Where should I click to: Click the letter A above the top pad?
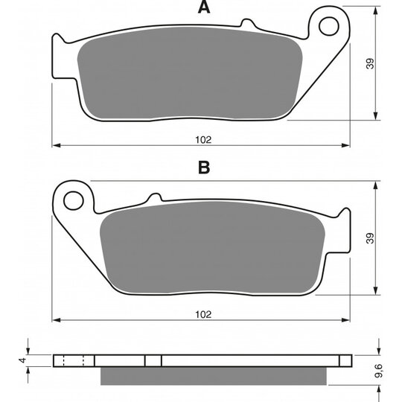[x=204, y=7]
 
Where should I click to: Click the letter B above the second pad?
[x=204, y=167]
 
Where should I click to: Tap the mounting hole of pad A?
[x=329, y=26]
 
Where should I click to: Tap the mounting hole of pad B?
[x=74, y=201]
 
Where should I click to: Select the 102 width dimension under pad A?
[x=203, y=140]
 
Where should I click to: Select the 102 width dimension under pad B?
[x=203, y=315]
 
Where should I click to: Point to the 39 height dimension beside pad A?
[x=370, y=63]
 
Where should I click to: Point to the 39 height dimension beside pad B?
[x=370, y=238]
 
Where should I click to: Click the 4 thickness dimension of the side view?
[x=23, y=360]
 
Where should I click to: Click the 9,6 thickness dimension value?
[x=378, y=371]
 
